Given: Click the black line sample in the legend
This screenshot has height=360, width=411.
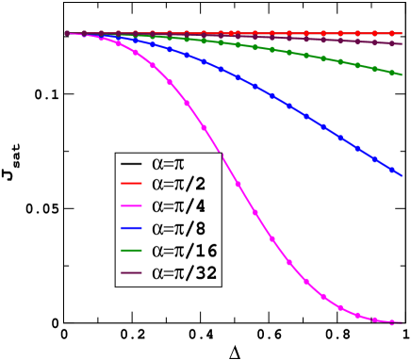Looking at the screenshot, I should pos(131,164).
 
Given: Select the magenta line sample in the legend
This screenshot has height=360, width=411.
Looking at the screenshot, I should pos(131,205).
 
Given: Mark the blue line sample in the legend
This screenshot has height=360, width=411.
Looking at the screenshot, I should pos(131,228).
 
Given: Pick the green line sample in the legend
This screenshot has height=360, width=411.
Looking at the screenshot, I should pos(131,251).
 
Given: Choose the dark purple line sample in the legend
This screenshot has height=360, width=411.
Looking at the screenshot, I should pos(131,274).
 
